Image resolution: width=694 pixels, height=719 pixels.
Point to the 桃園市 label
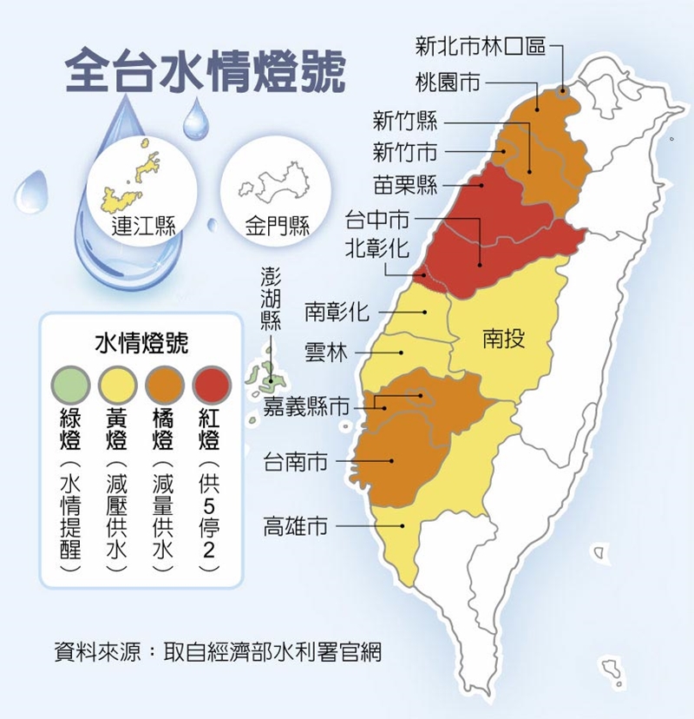448,83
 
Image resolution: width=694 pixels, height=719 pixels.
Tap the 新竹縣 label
405,121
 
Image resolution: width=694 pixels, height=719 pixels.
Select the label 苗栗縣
405,184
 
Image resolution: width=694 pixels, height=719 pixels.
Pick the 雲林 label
326,353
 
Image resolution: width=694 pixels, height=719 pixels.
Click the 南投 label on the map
504,339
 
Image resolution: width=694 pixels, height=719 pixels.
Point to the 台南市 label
296,461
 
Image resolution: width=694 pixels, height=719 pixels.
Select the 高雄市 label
296,526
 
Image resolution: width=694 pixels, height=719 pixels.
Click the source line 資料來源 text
217,650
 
